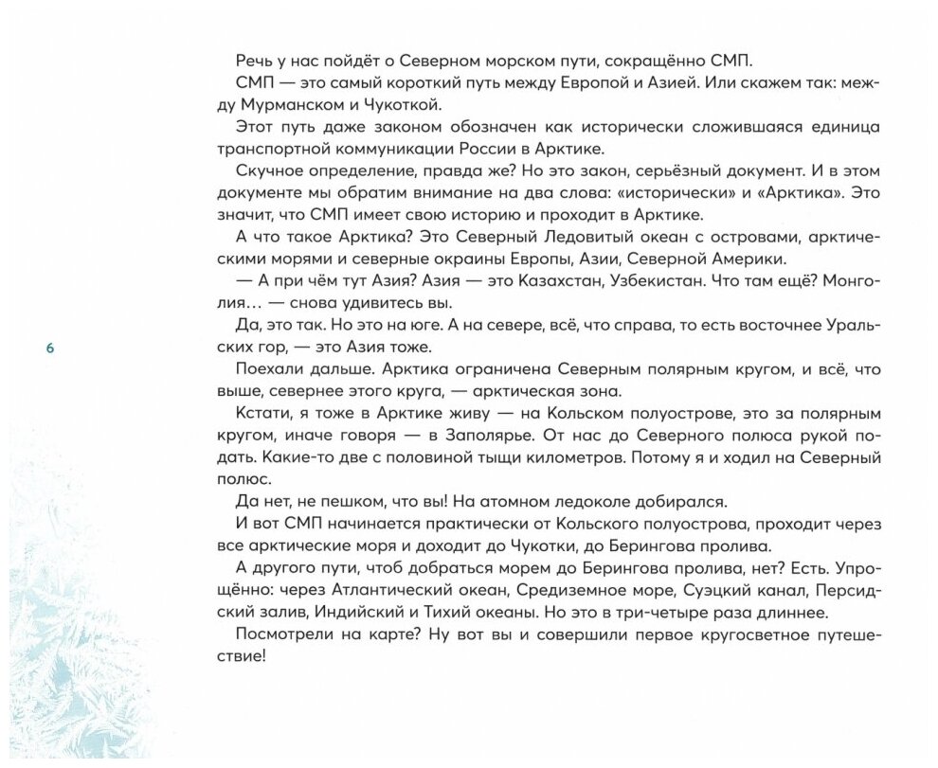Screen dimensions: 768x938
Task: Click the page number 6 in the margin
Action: point(50,348)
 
